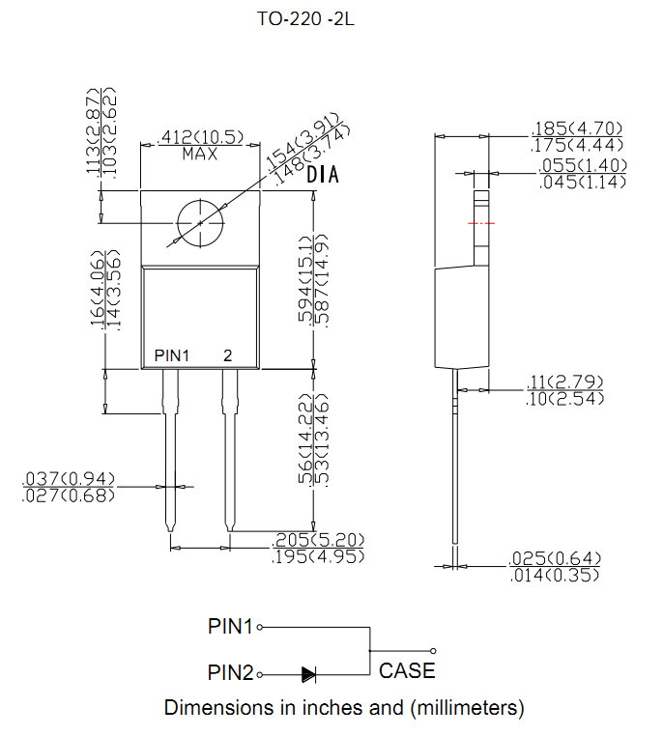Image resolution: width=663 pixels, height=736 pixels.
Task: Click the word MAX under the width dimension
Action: click(199, 155)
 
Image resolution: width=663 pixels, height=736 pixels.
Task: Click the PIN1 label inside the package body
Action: click(172, 356)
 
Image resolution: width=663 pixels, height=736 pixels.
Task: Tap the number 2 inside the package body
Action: click(228, 356)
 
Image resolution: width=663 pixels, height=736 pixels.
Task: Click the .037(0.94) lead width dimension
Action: click(69, 478)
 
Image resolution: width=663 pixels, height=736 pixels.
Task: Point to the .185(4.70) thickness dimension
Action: click(578, 128)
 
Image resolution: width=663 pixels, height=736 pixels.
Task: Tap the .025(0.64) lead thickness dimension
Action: click(555, 558)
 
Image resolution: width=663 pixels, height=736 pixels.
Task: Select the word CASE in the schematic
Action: click(407, 670)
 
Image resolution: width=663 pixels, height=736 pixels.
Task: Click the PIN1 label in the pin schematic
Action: click(230, 626)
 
